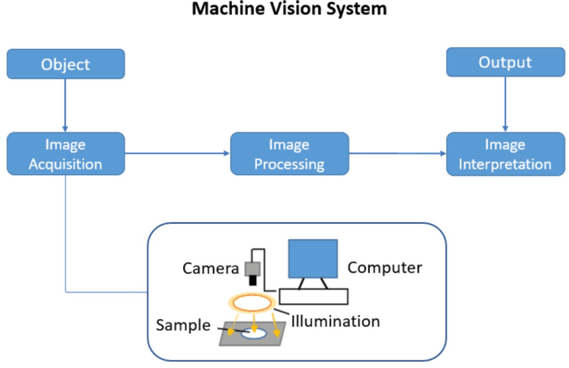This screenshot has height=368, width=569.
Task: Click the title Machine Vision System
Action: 284,11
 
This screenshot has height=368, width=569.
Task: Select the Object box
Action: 66,64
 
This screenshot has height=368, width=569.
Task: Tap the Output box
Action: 505,62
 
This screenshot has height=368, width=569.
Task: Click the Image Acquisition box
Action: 66,153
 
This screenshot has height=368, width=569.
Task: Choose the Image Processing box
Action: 289,153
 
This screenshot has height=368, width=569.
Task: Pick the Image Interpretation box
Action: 505,153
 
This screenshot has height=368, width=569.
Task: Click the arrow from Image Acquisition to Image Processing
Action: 177,153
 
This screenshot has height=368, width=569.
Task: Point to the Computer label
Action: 384,267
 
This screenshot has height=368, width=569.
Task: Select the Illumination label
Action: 335,321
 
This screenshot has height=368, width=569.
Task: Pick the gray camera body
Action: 254,267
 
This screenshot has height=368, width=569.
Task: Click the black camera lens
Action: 254,281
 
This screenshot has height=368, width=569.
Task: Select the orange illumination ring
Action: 253,300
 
